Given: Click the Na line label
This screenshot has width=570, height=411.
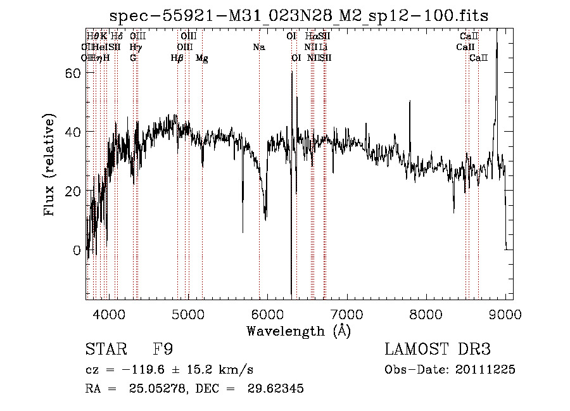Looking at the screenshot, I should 258,47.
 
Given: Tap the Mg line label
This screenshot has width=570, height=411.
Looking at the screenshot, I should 202,58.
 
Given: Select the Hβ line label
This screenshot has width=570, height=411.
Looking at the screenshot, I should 177,58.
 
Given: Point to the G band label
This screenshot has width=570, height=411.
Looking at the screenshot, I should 133,58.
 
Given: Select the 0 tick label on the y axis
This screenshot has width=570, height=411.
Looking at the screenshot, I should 77,250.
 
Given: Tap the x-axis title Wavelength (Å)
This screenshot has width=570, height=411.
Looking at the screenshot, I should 298,331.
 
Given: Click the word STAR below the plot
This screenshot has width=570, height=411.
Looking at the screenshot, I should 101,350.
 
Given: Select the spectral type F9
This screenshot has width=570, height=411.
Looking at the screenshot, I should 163,350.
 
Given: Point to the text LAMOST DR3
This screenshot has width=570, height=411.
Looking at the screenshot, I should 438,350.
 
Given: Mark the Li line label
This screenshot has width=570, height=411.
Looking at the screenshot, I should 323,47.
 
